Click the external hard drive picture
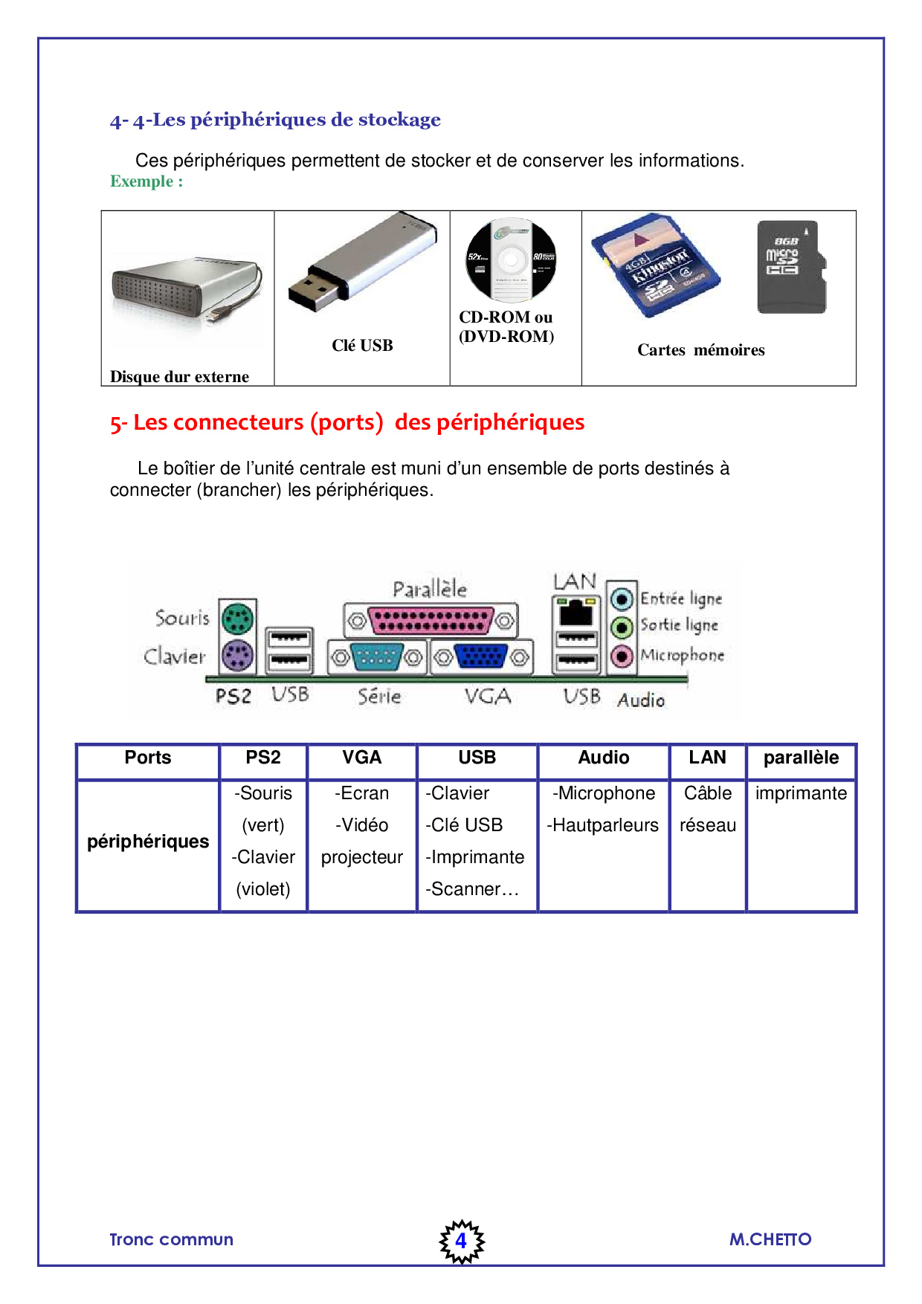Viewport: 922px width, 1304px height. pyautogui.click(x=186, y=294)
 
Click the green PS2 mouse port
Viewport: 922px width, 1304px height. pyautogui.click(x=238, y=618)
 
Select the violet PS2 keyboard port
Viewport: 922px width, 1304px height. pyautogui.click(x=238, y=656)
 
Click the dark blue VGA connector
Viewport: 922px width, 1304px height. pyautogui.click(x=481, y=656)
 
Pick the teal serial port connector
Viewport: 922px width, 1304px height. pyautogui.click(x=376, y=656)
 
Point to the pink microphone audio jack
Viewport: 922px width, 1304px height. pyautogui.click(x=622, y=656)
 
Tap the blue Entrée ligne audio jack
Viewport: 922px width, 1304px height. pyautogui.click(x=622, y=598)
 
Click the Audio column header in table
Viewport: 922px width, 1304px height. pyautogui.click(x=603, y=758)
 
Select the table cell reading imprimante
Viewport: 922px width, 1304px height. pyautogui.click(x=801, y=793)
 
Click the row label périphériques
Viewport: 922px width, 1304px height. pyautogui.click(x=148, y=842)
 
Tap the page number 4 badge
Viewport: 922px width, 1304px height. pyautogui.click(x=461, y=1240)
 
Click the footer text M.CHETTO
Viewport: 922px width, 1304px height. pyautogui.click(x=770, y=1239)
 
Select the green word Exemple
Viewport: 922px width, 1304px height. pyautogui.click(x=141, y=181)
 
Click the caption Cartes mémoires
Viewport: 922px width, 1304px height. pyautogui.click(x=700, y=350)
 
